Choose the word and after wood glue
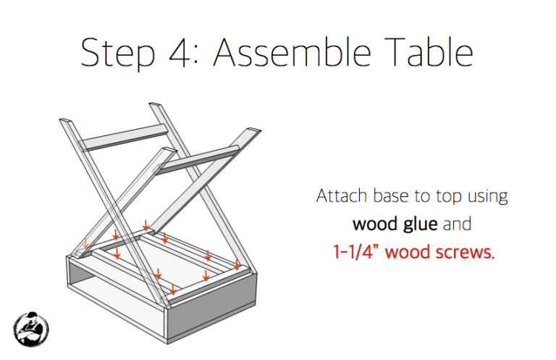[458, 224]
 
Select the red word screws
[465, 253]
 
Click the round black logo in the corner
[31, 329]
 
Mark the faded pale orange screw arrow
[86, 243]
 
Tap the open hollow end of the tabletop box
[109, 286]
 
